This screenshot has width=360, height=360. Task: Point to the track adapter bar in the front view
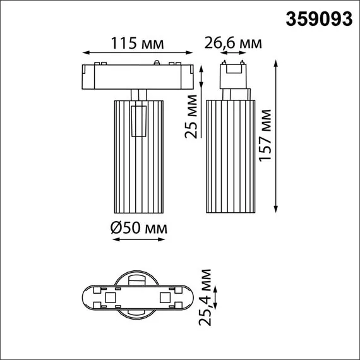coord(138,75)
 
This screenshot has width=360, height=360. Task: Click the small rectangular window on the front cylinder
coord(139,120)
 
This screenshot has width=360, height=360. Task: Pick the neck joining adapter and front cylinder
coord(139,93)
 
